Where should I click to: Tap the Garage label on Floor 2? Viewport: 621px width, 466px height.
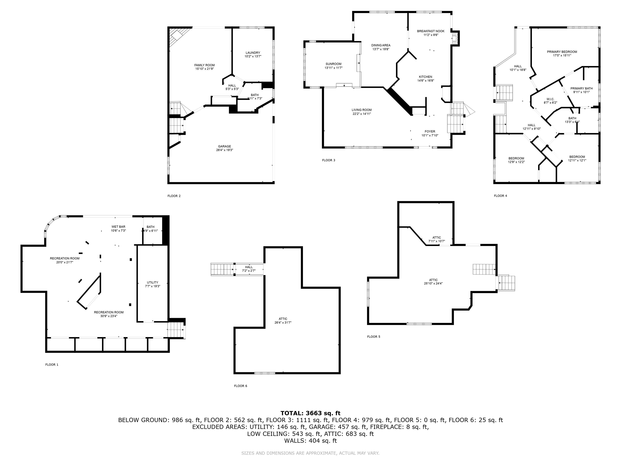tap(225, 146)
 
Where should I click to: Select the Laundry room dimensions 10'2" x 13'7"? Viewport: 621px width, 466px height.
tap(253, 56)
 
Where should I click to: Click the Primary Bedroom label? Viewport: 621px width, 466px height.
tap(562, 52)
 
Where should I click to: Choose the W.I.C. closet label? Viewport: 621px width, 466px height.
tap(550, 99)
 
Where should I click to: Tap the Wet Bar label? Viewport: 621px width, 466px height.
tap(118, 227)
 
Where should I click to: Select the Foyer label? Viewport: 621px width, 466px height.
tap(430, 131)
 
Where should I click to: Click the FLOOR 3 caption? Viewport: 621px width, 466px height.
tap(329, 160)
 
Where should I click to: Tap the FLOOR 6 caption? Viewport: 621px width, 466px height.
tap(241, 386)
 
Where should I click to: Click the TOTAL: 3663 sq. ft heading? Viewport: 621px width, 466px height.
tap(310, 413)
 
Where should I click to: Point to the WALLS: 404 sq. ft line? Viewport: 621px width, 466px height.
tap(310, 441)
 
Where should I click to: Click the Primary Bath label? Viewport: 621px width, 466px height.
tap(581, 88)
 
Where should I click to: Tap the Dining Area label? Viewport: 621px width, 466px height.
tap(381, 45)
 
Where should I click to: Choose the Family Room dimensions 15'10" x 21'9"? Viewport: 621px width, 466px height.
tap(204, 69)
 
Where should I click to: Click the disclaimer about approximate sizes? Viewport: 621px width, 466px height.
tap(310, 453)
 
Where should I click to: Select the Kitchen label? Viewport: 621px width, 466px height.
tap(426, 77)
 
